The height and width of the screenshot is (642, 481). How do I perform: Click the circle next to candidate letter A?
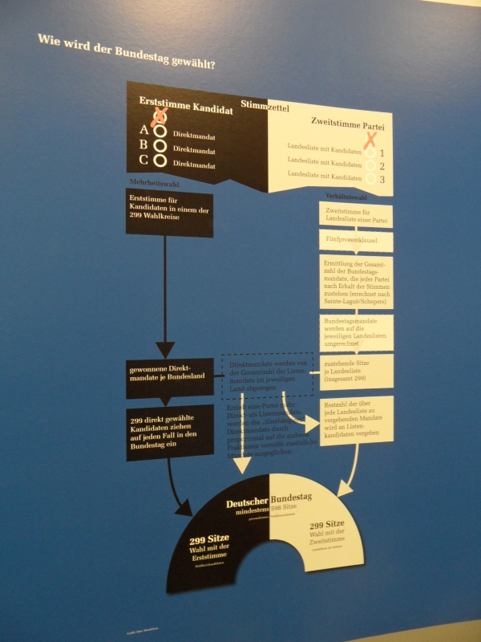(160, 131)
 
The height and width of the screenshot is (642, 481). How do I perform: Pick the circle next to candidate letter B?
(160, 146)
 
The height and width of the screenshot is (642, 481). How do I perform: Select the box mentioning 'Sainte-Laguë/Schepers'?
(355, 280)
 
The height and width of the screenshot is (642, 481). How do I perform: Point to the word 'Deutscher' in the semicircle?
(247, 503)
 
